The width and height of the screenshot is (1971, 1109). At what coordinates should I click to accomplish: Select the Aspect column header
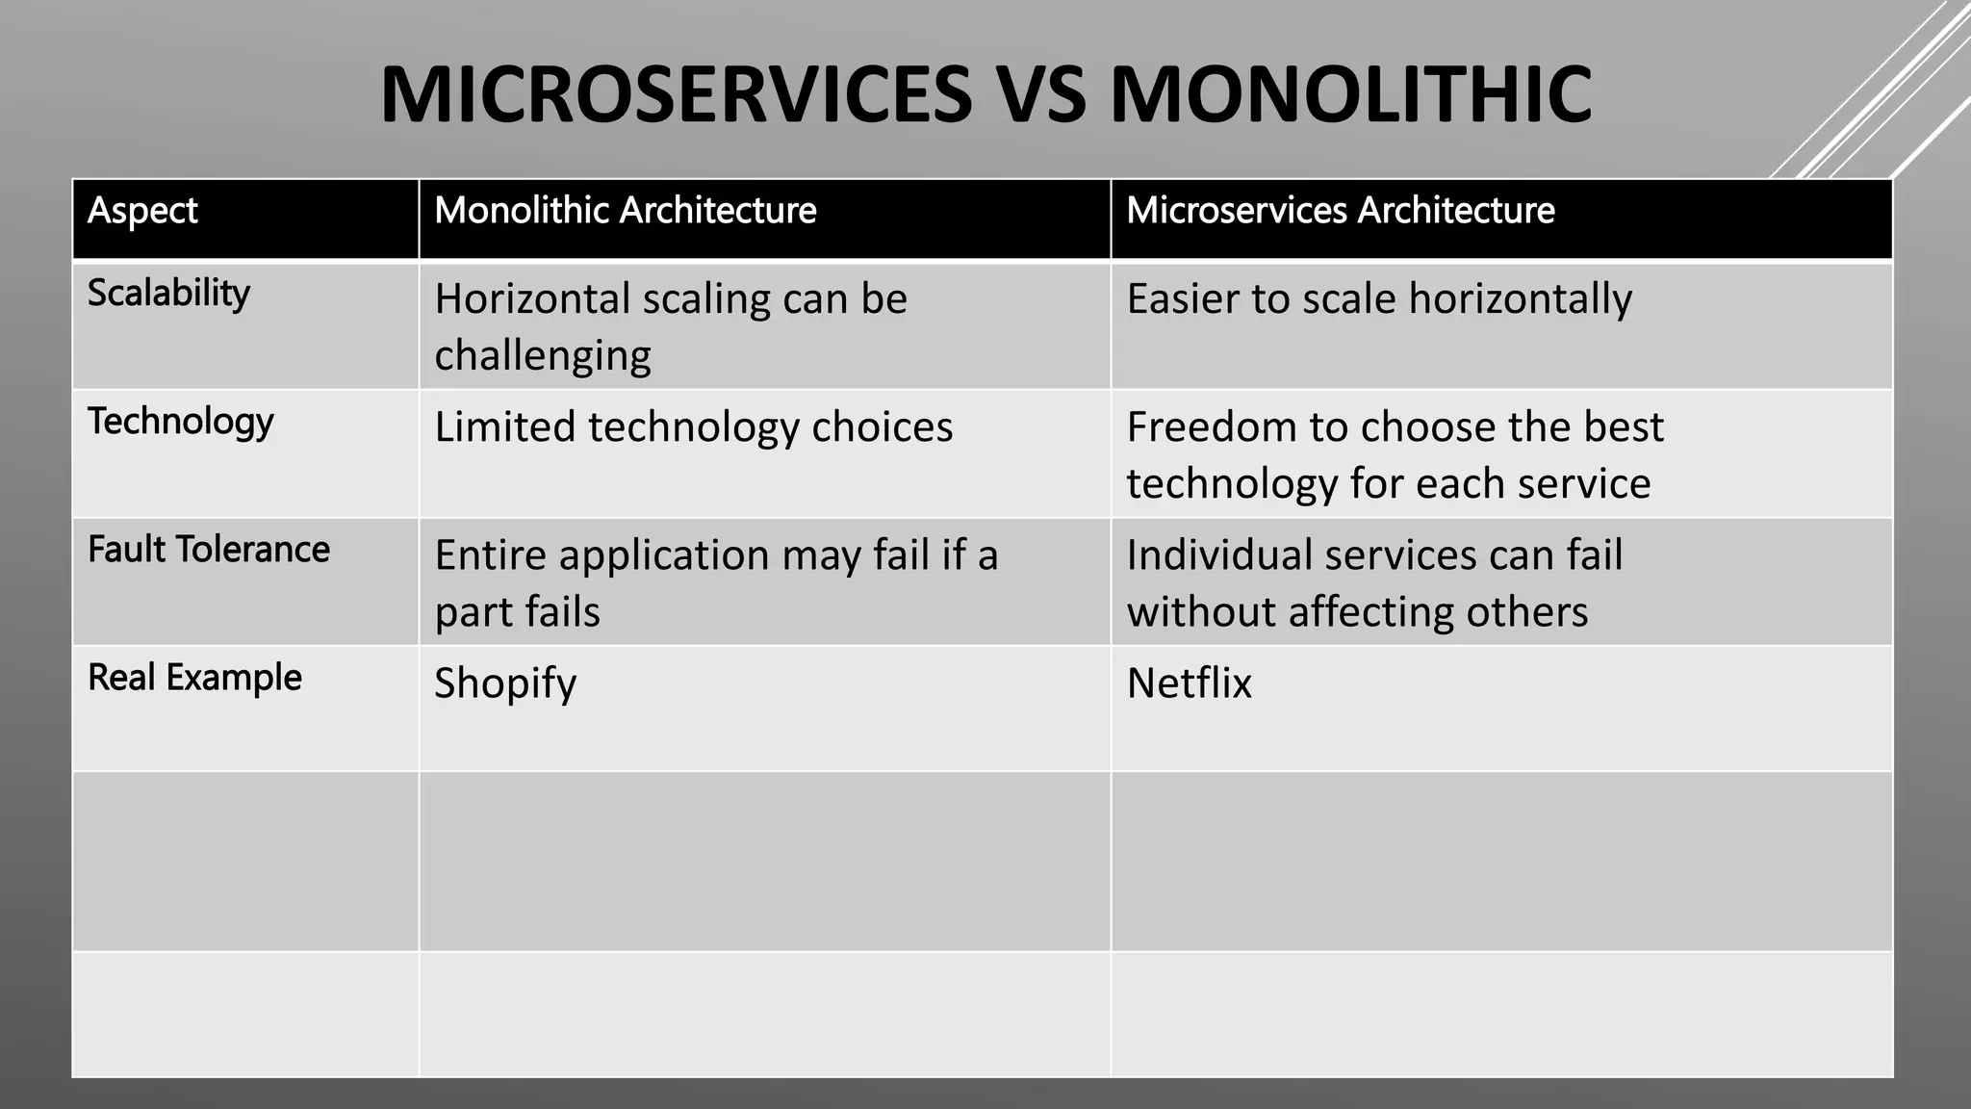[x=142, y=211]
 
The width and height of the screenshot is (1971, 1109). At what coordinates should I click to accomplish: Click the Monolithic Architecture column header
[x=625, y=211]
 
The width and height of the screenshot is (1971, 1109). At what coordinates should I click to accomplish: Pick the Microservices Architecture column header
[x=1340, y=211]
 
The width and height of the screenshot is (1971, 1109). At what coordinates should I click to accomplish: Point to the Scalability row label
[x=168, y=294]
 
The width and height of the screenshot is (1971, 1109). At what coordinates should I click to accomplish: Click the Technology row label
[x=180, y=422]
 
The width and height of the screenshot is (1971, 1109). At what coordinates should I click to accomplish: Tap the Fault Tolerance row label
[x=208, y=550]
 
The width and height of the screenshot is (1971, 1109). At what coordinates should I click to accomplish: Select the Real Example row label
[x=194, y=678]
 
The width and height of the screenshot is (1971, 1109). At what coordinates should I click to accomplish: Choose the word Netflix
[x=1189, y=683]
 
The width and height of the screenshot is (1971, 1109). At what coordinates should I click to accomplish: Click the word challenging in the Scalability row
[x=542, y=356]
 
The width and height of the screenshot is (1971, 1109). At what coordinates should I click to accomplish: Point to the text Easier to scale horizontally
[x=1378, y=299]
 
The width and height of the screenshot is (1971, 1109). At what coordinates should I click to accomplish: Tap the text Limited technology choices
[x=693, y=427]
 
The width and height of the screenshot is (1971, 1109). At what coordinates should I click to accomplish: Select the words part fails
[x=517, y=612]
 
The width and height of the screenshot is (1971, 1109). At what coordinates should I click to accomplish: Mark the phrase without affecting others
[x=1357, y=612]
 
